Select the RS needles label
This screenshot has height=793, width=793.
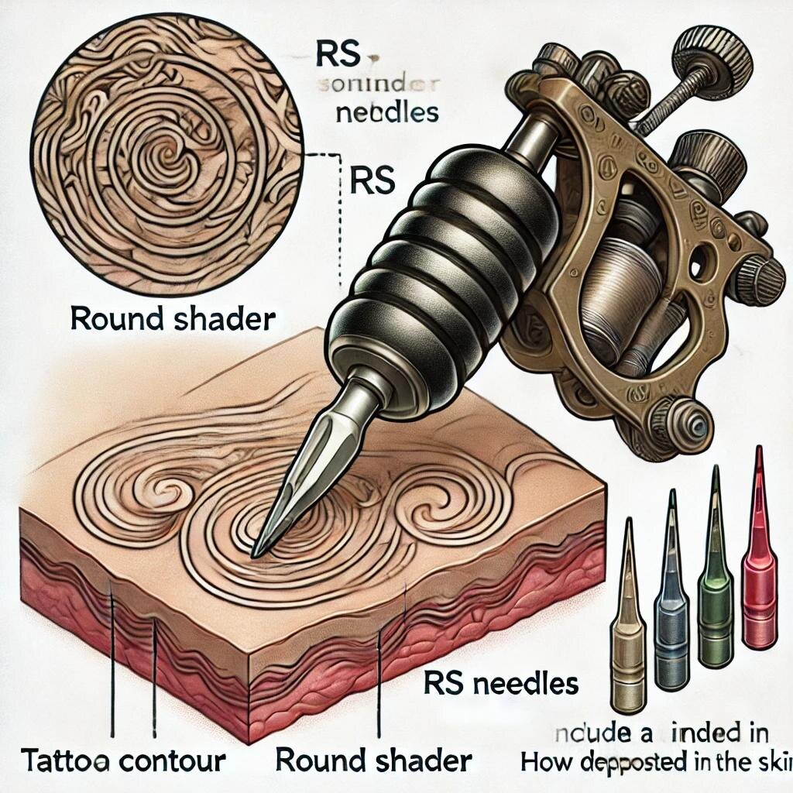click(502, 684)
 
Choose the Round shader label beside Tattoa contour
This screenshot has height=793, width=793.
click(373, 760)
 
